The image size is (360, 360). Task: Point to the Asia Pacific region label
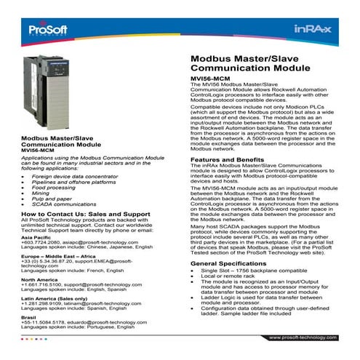(37, 237)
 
